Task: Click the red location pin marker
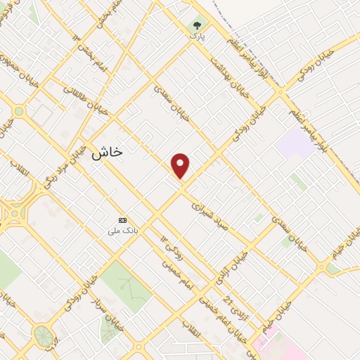pyautogui.click(x=181, y=166)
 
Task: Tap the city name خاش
pyautogui.click(x=106, y=152)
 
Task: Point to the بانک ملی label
pyautogui.click(x=122, y=231)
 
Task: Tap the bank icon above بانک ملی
pyautogui.click(x=122, y=220)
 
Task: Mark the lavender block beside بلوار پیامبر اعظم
pyautogui.click(x=295, y=144)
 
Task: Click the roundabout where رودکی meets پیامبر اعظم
pyautogui.click(x=281, y=91)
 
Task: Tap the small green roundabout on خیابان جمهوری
pyautogui.click(x=19, y=111)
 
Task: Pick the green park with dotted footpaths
pyautogui.click(x=127, y=284)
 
